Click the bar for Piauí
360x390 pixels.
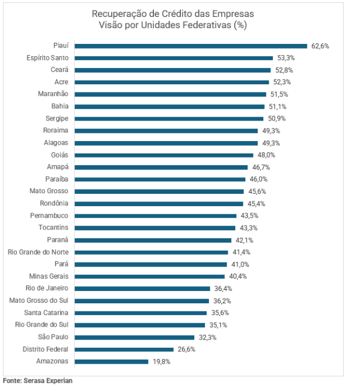191,46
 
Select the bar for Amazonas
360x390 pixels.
111,361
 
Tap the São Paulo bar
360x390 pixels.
134,337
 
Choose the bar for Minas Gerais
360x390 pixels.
149,276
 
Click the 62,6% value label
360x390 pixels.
320,46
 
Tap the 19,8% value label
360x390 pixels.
161,361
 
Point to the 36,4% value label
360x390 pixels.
222,289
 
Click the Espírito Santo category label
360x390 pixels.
47,58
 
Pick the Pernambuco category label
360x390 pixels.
49,215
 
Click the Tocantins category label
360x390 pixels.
53,228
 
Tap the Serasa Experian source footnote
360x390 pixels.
37,381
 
